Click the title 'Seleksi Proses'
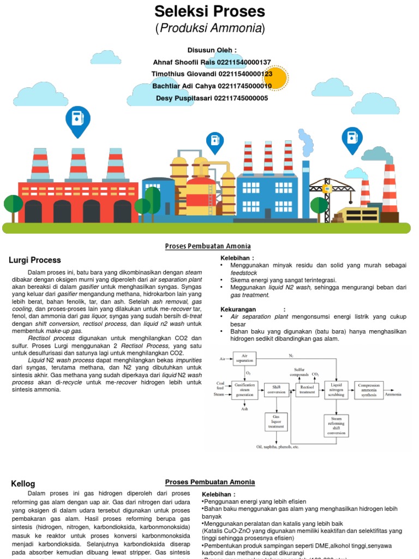pyautogui.click(x=209, y=11)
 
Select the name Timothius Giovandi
pyautogui.click(x=181, y=74)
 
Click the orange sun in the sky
pyautogui.click(x=274, y=78)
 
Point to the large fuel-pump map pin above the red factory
pyautogui.click(x=77, y=121)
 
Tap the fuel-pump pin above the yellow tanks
pyautogui.click(x=215, y=141)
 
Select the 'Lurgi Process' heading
pyautogui.click(x=35, y=260)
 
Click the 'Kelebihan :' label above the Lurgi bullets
pyautogui.click(x=237, y=258)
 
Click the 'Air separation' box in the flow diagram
pyautogui.click(x=244, y=359)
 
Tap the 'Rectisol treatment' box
pyautogui.click(x=307, y=390)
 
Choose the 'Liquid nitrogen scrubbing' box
pyautogui.click(x=336, y=390)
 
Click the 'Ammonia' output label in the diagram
pyautogui.click(x=393, y=394)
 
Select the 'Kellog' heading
pyautogui.click(x=23, y=484)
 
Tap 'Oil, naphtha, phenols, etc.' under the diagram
pyautogui.click(x=278, y=447)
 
